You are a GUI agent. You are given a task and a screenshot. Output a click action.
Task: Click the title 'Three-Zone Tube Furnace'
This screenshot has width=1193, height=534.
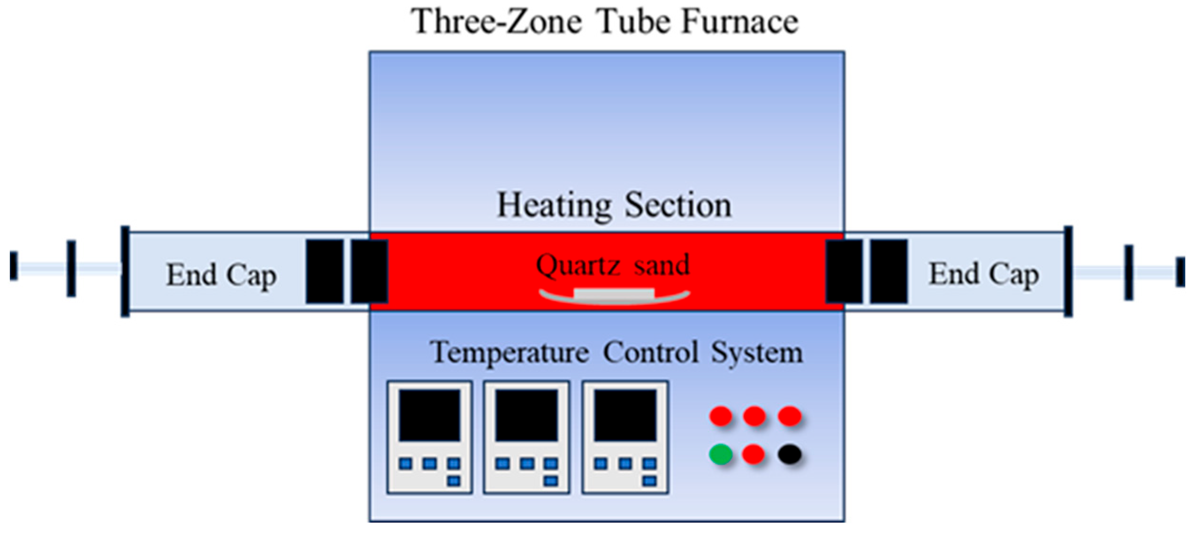(x=604, y=22)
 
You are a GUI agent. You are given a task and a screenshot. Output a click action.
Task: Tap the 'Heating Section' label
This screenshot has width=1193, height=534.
(x=614, y=205)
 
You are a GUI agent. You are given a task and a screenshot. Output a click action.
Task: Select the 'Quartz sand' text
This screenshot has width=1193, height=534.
(x=613, y=265)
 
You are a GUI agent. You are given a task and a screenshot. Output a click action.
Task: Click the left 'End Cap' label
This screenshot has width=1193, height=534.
(x=221, y=275)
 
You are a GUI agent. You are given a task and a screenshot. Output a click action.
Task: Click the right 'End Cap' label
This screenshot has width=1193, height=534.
(x=983, y=274)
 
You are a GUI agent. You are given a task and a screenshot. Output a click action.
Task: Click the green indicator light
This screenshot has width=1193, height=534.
(x=721, y=454)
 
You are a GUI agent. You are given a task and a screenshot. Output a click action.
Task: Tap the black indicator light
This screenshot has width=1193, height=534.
(x=789, y=454)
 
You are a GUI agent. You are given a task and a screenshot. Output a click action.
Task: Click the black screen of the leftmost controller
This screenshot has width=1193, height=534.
(x=429, y=415)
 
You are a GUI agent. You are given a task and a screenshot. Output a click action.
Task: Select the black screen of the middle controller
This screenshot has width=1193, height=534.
(x=526, y=415)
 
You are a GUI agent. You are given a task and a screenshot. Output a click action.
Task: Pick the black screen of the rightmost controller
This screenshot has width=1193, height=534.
(x=625, y=415)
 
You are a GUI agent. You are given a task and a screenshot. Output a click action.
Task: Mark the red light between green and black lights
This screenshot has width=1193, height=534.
(x=753, y=454)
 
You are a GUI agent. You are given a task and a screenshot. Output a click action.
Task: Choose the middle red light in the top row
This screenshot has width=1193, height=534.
(x=754, y=416)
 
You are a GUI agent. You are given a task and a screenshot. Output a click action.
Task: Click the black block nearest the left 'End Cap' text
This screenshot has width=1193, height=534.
(x=324, y=271)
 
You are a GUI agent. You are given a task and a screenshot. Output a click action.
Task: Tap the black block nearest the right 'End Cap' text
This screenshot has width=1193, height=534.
(x=888, y=271)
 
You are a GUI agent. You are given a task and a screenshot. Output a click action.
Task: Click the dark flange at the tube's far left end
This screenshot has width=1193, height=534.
(x=125, y=271)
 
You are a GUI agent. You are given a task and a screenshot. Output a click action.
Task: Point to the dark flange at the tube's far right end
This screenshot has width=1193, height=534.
(x=1068, y=271)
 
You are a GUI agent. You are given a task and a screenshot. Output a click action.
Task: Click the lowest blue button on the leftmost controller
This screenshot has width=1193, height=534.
(x=453, y=481)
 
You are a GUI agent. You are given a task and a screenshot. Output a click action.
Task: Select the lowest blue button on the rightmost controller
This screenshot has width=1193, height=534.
(x=649, y=481)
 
